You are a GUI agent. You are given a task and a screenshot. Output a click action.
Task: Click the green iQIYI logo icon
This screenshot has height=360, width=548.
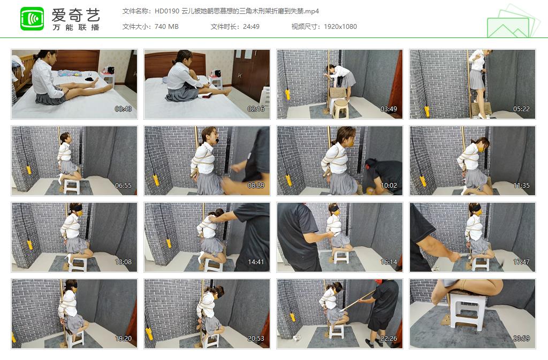tap(32, 18)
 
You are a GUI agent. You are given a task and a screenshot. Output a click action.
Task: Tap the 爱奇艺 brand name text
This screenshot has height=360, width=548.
tap(75, 14)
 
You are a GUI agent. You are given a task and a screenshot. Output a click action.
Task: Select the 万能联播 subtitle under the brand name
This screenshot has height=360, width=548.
tap(75, 27)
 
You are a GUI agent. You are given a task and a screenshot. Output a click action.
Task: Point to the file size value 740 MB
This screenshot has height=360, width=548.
tap(166, 26)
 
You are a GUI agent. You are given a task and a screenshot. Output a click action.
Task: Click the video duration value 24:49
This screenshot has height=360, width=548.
tap(250, 26)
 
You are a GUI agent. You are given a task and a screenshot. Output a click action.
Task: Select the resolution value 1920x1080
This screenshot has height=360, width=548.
tap(340, 26)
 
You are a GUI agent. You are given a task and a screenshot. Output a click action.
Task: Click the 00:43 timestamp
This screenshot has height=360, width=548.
tap(124, 109)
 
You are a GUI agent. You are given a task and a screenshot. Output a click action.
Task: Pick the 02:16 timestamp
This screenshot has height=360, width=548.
tap(256, 109)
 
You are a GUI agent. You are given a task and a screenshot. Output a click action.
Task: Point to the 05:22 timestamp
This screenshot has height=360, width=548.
tap(522, 109)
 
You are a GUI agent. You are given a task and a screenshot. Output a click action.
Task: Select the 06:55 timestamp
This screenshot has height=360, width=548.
tap(124, 186)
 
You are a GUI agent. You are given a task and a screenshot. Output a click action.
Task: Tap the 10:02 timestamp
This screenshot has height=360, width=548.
tap(389, 186)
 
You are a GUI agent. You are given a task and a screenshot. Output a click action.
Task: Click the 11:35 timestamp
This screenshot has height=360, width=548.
tap(522, 186)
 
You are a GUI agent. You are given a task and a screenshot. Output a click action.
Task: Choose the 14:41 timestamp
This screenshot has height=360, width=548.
tap(256, 262)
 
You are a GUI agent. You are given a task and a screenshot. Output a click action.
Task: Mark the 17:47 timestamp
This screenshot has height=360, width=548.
tap(522, 262)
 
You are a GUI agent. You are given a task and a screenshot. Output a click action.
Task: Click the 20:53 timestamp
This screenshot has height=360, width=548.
tap(256, 339)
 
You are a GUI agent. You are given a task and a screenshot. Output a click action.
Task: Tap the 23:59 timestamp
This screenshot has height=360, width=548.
tap(522, 339)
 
